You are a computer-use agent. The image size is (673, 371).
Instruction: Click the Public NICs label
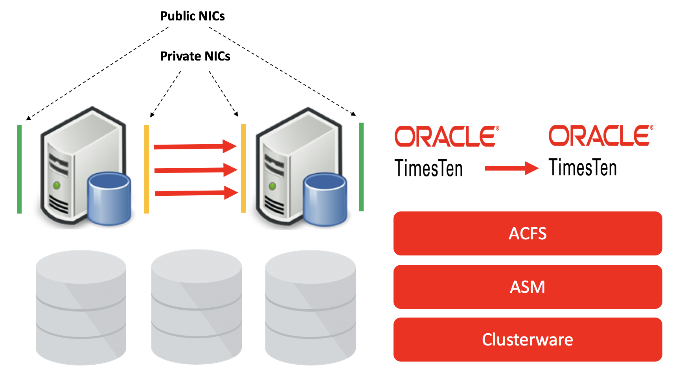(x=192, y=16)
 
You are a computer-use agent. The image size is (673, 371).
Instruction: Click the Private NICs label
(x=195, y=56)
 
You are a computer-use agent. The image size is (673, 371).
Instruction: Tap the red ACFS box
(x=528, y=233)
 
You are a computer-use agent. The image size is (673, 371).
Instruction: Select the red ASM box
(x=528, y=287)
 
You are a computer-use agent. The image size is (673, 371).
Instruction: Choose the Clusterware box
(x=528, y=340)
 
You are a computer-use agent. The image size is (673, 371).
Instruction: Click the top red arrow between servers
(x=195, y=147)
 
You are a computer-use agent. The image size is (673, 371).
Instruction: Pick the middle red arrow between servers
(x=195, y=170)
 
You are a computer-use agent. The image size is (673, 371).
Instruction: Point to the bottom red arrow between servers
(x=196, y=193)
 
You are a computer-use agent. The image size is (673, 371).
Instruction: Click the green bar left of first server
(x=19, y=169)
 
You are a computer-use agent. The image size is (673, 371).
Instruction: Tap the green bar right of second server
(x=361, y=167)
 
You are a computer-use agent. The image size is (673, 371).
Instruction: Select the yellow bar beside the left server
(x=147, y=169)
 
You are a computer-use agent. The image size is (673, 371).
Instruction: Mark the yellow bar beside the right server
(x=243, y=168)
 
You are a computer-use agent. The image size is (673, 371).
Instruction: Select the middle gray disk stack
(x=196, y=307)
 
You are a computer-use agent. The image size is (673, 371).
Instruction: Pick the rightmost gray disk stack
(x=311, y=307)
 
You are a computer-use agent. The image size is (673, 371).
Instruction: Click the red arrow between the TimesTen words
(x=511, y=168)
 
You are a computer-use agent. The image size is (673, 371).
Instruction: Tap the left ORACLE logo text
(x=447, y=136)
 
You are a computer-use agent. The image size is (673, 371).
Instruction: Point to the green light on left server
(x=57, y=185)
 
